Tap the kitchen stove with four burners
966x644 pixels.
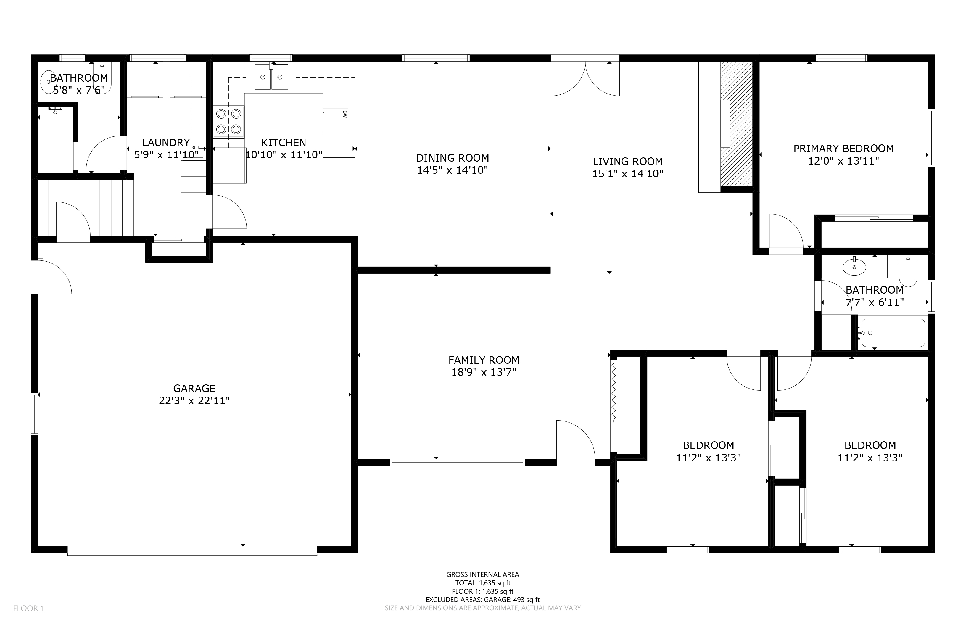click(x=229, y=122)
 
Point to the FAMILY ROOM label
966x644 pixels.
click(x=484, y=360)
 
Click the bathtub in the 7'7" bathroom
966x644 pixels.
click(x=893, y=333)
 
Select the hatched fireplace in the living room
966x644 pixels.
click(x=736, y=124)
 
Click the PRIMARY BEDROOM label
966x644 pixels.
click(x=843, y=148)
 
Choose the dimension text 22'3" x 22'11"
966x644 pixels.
click(x=194, y=400)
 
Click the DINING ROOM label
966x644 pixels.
click(x=453, y=158)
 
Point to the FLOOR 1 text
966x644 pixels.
click(x=28, y=608)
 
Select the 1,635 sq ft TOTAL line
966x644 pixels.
click(x=483, y=583)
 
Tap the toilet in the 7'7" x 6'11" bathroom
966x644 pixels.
click(x=908, y=271)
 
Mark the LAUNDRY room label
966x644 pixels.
click(x=166, y=143)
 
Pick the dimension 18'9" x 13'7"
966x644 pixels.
click(x=484, y=373)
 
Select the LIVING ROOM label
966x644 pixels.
click(x=627, y=161)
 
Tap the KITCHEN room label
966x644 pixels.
click(x=284, y=143)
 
